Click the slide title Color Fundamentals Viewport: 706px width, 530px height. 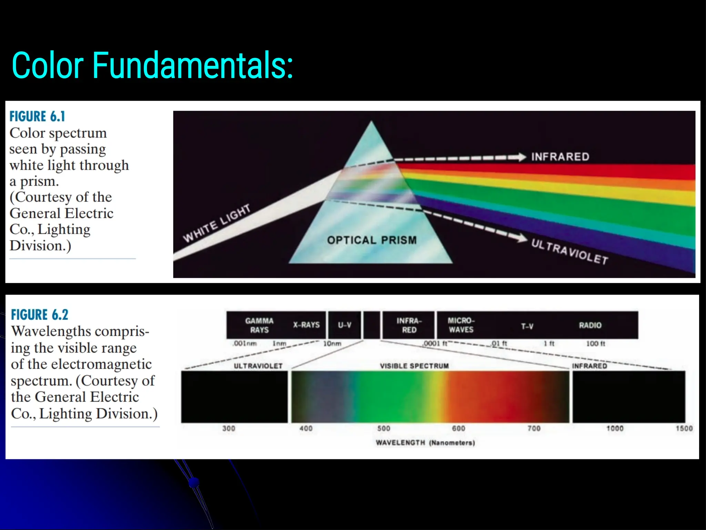pyautogui.click(x=152, y=65)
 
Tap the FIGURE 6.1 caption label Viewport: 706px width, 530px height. pyautogui.click(x=37, y=117)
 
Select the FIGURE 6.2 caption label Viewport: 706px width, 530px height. pyautogui.click(x=40, y=315)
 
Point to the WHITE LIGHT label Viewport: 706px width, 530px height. pyautogui.click(x=216, y=223)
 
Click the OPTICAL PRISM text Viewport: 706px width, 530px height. pyautogui.click(x=372, y=240)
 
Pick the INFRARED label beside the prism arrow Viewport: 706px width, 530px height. pyautogui.click(x=560, y=157)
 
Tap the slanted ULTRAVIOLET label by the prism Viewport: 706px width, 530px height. pyautogui.click(x=569, y=252)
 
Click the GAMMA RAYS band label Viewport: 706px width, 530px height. pyautogui.click(x=259, y=325)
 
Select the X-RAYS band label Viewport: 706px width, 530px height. pyautogui.click(x=306, y=325)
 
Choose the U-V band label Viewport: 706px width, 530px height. pyautogui.click(x=344, y=325)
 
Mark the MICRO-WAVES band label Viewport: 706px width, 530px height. pyautogui.click(x=461, y=325)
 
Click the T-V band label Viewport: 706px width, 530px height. pyautogui.click(x=527, y=326)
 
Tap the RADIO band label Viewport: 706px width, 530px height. pyautogui.click(x=590, y=325)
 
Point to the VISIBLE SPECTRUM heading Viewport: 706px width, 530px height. pyautogui.click(x=414, y=366)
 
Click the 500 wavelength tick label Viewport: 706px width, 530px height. pyautogui.click(x=384, y=429)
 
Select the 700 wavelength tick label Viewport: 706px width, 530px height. pyautogui.click(x=534, y=429)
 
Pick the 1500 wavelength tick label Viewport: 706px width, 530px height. pyautogui.click(x=684, y=429)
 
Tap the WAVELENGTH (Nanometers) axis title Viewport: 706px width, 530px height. pyautogui.click(x=425, y=443)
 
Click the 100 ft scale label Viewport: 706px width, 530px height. pyautogui.click(x=595, y=344)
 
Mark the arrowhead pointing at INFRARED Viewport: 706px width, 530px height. pyautogui.click(x=521, y=157)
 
